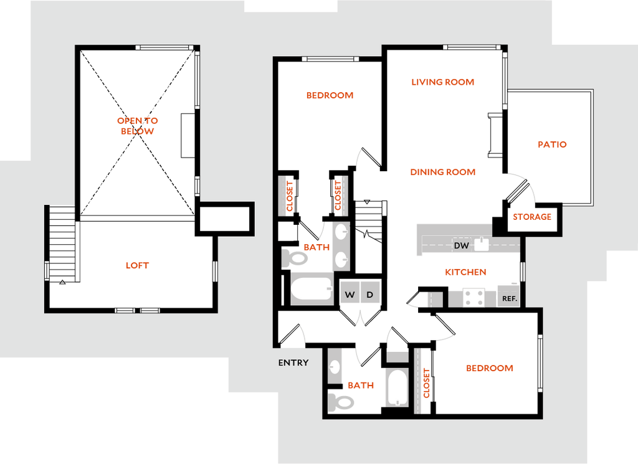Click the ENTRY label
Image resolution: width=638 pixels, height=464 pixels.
tap(293, 362)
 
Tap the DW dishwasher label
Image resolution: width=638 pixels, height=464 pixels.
tap(461, 246)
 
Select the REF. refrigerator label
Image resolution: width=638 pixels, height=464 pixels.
tap(509, 299)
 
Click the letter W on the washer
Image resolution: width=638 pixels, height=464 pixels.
tap(350, 295)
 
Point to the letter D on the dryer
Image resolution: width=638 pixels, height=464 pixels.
tap(369, 295)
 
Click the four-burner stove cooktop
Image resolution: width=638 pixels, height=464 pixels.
tap(474, 297)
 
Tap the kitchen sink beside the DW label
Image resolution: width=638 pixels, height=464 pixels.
tap(481, 244)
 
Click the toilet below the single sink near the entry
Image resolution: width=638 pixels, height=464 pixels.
tap(341, 402)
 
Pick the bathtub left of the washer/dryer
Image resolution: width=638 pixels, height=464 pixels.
tap(312, 290)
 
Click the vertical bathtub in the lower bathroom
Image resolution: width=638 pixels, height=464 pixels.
tap(397, 387)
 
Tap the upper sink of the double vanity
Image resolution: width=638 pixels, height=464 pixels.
tap(340, 232)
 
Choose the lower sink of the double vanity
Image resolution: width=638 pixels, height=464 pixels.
tap(340, 258)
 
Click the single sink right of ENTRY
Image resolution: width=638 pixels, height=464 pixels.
tap(335, 366)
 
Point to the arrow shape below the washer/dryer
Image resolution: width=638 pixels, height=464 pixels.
tap(360, 318)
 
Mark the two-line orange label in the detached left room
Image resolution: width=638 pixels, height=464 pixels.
tap(137, 125)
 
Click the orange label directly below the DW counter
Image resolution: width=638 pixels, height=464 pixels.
tap(465, 272)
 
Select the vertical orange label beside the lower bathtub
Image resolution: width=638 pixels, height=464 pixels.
tap(427, 382)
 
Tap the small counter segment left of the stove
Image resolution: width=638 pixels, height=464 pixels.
tap(434, 299)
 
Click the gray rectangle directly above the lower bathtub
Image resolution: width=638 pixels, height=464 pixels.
tap(397, 356)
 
